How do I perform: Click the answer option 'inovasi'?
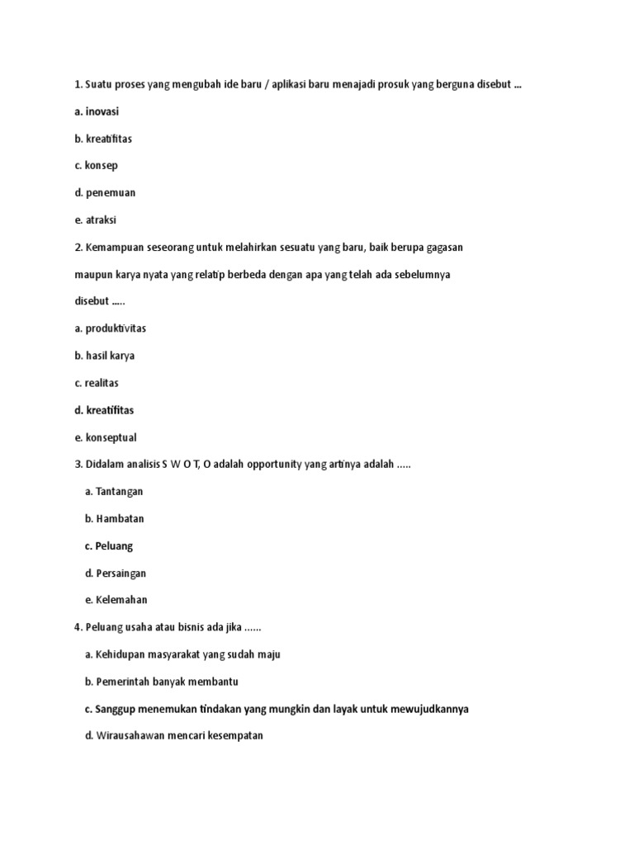click(102, 111)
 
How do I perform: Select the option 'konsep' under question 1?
click(102, 166)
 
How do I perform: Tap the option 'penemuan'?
click(111, 193)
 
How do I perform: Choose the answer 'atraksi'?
click(102, 220)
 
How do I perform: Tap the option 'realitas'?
click(103, 383)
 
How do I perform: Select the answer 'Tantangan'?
click(119, 492)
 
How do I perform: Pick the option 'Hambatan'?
click(120, 519)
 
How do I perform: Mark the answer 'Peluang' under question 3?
click(114, 546)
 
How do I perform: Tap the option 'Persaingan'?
click(121, 574)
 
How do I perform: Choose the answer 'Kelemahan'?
click(121, 600)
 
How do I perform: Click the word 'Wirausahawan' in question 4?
click(132, 735)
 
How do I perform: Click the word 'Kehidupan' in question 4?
click(122, 654)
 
